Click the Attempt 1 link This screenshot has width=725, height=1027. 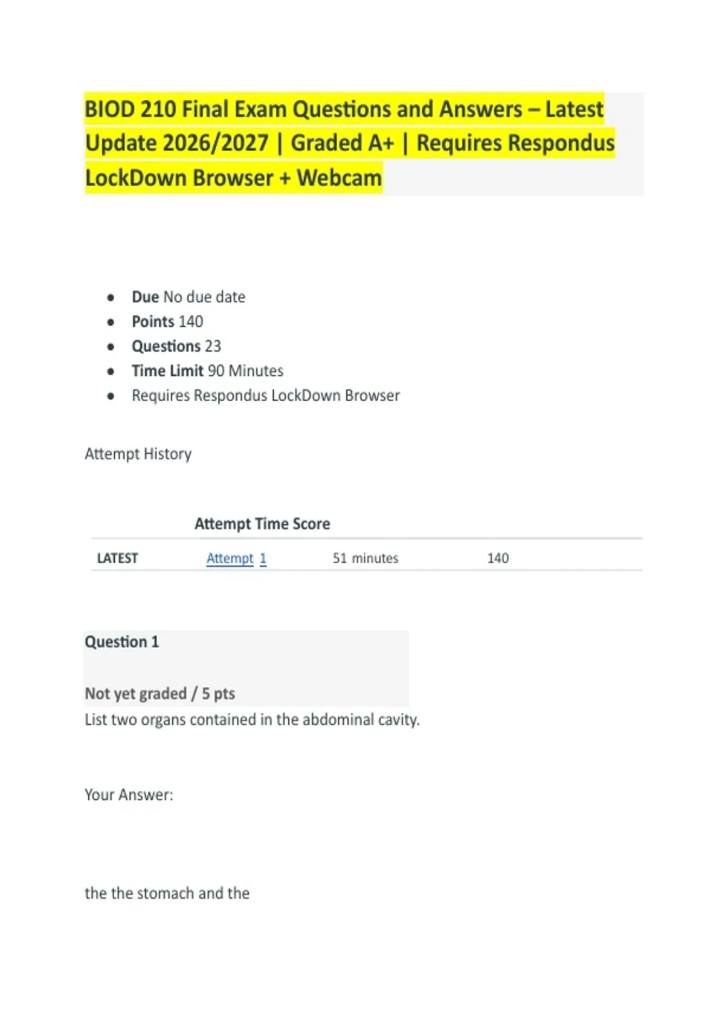236,558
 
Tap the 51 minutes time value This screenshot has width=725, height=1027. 365,558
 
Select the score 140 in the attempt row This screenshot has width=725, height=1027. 498,558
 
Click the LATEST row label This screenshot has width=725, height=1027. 117,558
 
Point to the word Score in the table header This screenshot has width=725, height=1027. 311,524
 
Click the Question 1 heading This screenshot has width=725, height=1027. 121,642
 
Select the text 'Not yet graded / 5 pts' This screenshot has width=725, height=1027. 159,694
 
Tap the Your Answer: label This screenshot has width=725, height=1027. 129,794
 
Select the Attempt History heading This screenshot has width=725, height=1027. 138,454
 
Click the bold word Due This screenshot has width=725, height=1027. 145,297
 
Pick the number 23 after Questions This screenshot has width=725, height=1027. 213,346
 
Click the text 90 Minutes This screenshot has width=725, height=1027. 245,371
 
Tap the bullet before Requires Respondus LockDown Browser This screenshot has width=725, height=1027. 111,396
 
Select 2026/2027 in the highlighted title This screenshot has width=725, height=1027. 216,144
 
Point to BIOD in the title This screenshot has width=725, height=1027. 109,109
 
